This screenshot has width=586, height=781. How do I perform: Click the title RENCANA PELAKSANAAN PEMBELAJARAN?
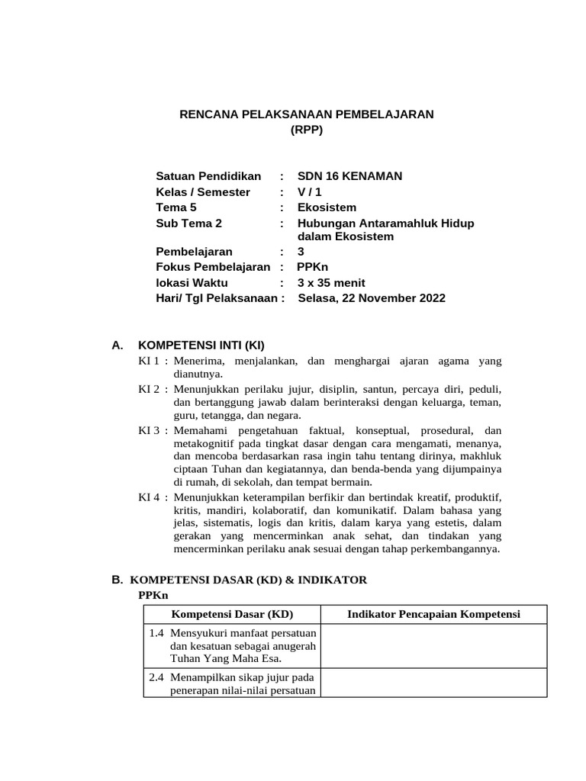click(306, 114)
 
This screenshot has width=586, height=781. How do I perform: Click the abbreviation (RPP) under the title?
click(307, 130)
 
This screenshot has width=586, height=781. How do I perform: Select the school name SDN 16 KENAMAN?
click(349, 176)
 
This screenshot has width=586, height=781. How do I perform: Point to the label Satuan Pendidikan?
click(208, 176)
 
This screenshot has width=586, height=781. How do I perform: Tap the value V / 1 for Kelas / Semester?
click(310, 192)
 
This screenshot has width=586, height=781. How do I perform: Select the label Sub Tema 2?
click(188, 223)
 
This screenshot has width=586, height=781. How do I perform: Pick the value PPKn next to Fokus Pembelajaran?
click(312, 267)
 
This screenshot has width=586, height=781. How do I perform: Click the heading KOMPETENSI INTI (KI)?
click(201, 345)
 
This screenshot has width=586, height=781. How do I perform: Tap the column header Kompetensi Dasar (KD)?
click(232, 615)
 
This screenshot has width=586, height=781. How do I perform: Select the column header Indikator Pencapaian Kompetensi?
click(433, 615)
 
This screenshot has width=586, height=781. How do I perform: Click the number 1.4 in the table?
click(156, 632)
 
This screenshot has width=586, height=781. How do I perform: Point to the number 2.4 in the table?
click(156, 677)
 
